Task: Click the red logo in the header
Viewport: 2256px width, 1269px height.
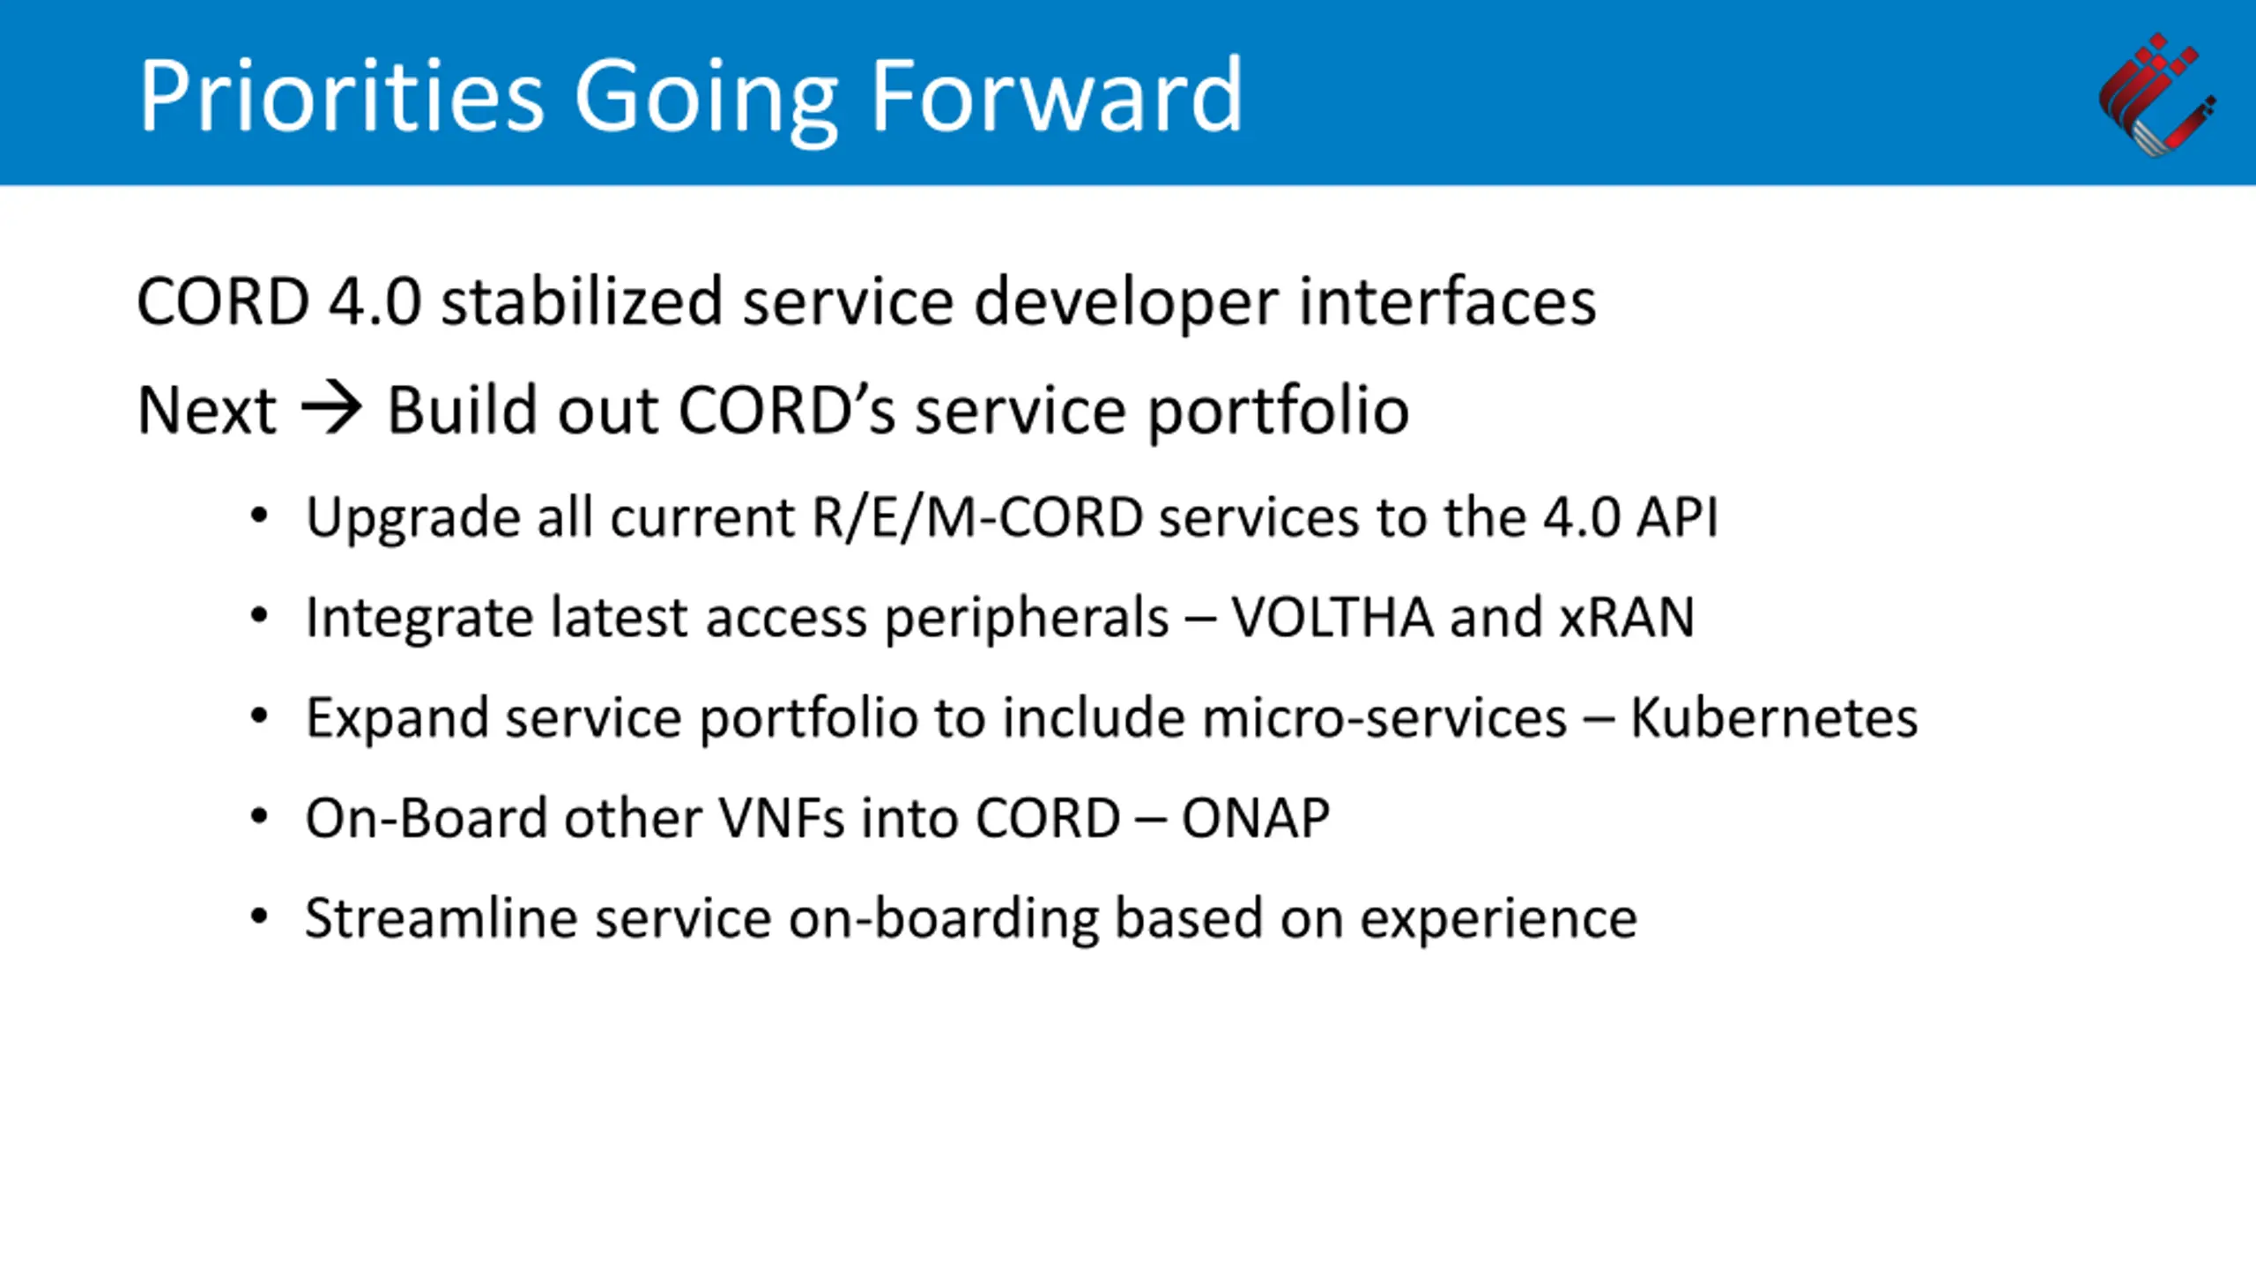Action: click(x=2156, y=95)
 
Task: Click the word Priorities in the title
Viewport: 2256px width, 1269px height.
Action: click(x=342, y=94)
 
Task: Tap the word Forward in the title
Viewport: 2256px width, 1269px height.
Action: click(x=1057, y=94)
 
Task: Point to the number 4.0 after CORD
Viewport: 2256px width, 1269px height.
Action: click(x=375, y=301)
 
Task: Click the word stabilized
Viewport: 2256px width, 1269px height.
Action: click(x=582, y=301)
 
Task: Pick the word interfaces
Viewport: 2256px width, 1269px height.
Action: click(x=1447, y=301)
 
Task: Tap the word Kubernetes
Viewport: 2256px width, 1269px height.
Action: click(x=1773, y=716)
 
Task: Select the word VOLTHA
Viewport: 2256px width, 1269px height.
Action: click(x=1332, y=616)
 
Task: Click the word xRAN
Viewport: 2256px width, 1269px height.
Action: click(x=1627, y=616)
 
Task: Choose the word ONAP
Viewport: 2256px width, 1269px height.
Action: click(x=1255, y=818)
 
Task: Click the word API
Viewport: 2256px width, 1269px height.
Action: click(x=1676, y=516)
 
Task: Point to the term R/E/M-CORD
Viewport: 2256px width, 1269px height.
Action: click(x=977, y=516)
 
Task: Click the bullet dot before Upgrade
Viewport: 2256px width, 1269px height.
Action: click(x=258, y=516)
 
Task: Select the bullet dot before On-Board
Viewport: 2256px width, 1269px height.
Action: click(x=258, y=817)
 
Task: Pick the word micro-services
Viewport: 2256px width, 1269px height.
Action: click(x=1384, y=716)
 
